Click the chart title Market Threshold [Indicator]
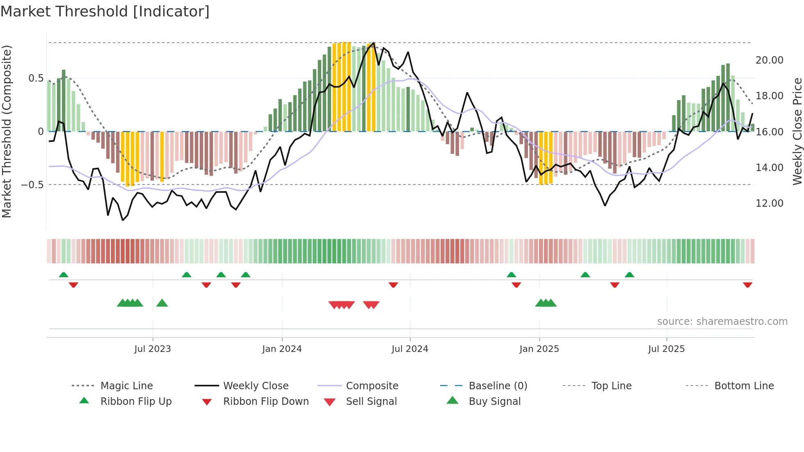point(105,11)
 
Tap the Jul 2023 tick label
point(153,349)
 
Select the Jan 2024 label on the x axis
point(282,349)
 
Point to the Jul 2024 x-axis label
point(410,349)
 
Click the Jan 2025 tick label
point(539,349)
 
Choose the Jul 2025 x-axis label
point(667,349)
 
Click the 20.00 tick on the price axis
point(769,60)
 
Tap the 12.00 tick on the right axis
point(769,203)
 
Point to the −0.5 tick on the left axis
point(32,185)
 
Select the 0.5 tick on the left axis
point(36,78)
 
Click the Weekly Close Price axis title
point(797,131)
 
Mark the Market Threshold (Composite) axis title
point(7,131)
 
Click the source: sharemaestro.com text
point(722,322)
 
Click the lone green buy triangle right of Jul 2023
point(162,303)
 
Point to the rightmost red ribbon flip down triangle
point(747,285)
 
